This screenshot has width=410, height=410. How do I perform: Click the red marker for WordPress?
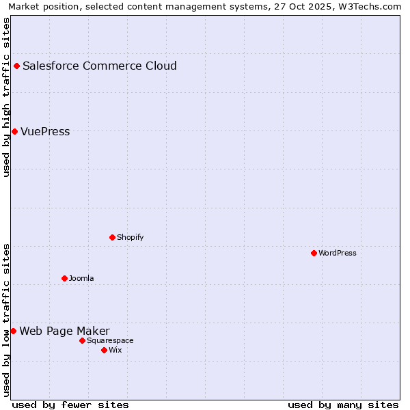(314, 254)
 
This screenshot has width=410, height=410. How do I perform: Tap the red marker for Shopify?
(112, 238)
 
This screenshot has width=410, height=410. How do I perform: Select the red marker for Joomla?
(64, 278)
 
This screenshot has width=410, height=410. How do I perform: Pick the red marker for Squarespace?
(82, 340)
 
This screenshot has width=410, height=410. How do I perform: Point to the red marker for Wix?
(104, 350)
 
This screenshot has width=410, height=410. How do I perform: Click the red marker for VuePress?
(14, 131)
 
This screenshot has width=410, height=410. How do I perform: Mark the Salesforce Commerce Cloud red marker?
(16, 66)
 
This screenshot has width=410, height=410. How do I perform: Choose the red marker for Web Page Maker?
(13, 331)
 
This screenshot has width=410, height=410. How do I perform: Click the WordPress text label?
(338, 254)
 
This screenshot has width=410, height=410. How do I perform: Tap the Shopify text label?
(130, 238)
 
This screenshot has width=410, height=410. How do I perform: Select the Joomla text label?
(81, 279)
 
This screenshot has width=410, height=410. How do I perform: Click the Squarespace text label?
(110, 341)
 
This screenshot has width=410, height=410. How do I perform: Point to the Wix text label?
(115, 351)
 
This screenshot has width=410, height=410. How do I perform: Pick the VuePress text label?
(45, 132)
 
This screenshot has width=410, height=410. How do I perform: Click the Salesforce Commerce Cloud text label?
(100, 66)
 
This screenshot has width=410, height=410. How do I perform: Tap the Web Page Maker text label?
(64, 331)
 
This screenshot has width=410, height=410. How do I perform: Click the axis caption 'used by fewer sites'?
(70, 405)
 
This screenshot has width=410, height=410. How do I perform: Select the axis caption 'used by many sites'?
(343, 405)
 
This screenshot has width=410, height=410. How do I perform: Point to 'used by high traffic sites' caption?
(7, 97)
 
